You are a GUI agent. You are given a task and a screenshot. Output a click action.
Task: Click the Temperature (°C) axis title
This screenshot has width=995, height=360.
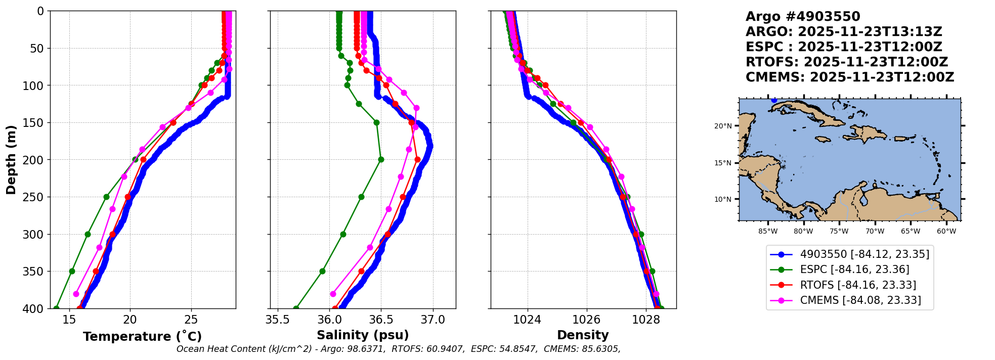tap(142, 336)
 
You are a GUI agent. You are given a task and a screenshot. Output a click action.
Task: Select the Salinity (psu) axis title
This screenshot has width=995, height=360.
tap(363, 335)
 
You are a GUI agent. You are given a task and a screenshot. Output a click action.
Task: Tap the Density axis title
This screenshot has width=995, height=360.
tap(583, 335)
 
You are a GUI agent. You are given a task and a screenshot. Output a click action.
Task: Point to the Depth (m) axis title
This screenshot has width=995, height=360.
tap(11, 160)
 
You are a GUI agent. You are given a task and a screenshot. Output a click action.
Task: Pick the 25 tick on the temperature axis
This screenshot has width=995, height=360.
tap(191, 320)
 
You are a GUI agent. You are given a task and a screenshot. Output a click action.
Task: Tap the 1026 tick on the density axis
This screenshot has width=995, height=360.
tap(587, 320)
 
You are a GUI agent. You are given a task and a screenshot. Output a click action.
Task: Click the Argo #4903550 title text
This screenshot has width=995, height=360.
tap(803, 17)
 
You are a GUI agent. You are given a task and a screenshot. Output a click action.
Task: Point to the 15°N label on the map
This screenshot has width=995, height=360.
tap(723, 163)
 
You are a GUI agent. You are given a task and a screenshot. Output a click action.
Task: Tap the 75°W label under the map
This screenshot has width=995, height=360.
tap(839, 232)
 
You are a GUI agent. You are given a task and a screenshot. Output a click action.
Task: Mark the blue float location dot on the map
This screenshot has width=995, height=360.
tap(774, 100)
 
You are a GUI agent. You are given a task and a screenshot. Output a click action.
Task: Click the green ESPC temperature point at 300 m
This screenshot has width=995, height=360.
tap(88, 234)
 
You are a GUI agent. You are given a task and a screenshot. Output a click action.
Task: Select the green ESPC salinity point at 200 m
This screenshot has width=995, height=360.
tap(381, 159)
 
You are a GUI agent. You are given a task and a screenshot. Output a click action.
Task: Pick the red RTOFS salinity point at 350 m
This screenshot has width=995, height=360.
tap(361, 271)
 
